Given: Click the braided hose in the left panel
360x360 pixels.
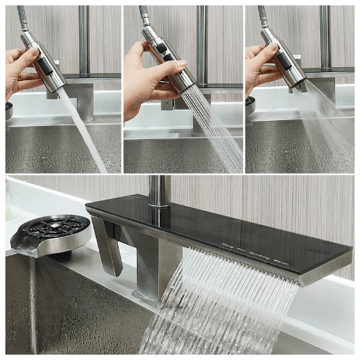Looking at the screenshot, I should click(x=23, y=17).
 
